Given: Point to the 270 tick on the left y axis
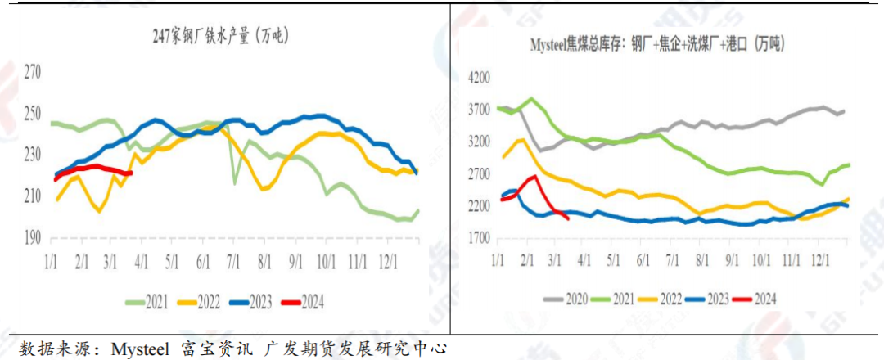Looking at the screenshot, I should tap(32, 72).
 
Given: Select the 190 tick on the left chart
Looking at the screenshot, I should tap(32, 238).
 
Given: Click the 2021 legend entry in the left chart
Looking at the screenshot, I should tap(151, 303).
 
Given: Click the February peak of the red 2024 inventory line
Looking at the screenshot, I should tap(533, 176).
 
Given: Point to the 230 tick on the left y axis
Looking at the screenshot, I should tap(32, 155).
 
